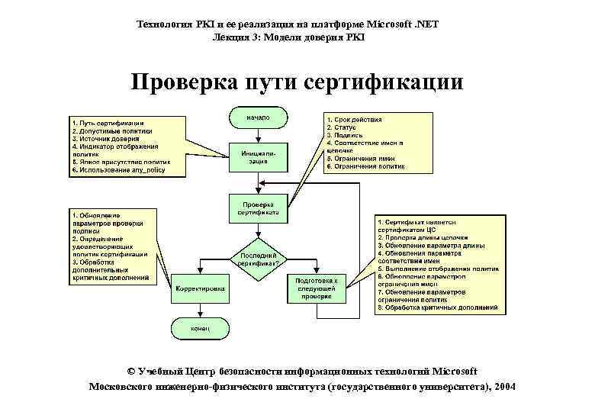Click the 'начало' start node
tap(257, 117)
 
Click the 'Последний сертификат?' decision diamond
tap(258, 258)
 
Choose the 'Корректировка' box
tap(200, 289)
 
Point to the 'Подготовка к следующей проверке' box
tap(316, 288)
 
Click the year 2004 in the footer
tap(504, 387)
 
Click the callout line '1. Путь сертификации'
tap(108, 123)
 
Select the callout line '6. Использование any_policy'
tap(117, 170)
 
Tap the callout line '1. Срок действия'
tap(354, 120)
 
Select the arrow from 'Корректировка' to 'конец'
tap(200, 308)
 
